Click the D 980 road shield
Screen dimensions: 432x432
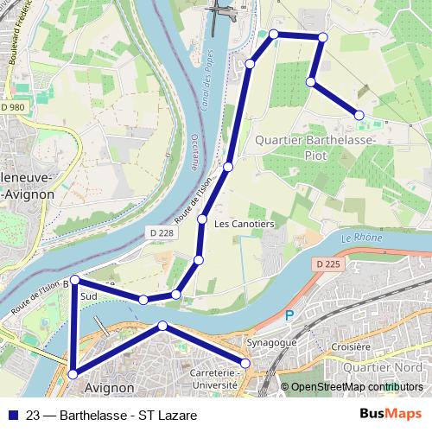click(x=14, y=107)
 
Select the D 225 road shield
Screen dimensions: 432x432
click(x=329, y=263)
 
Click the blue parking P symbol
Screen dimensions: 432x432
click(x=290, y=316)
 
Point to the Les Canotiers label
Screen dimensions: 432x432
click(x=244, y=224)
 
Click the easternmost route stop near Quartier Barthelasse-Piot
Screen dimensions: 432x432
click(x=359, y=115)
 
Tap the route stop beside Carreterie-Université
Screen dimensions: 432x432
click(x=244, y=364)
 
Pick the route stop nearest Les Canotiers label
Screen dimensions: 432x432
click(x=203, y=219)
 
